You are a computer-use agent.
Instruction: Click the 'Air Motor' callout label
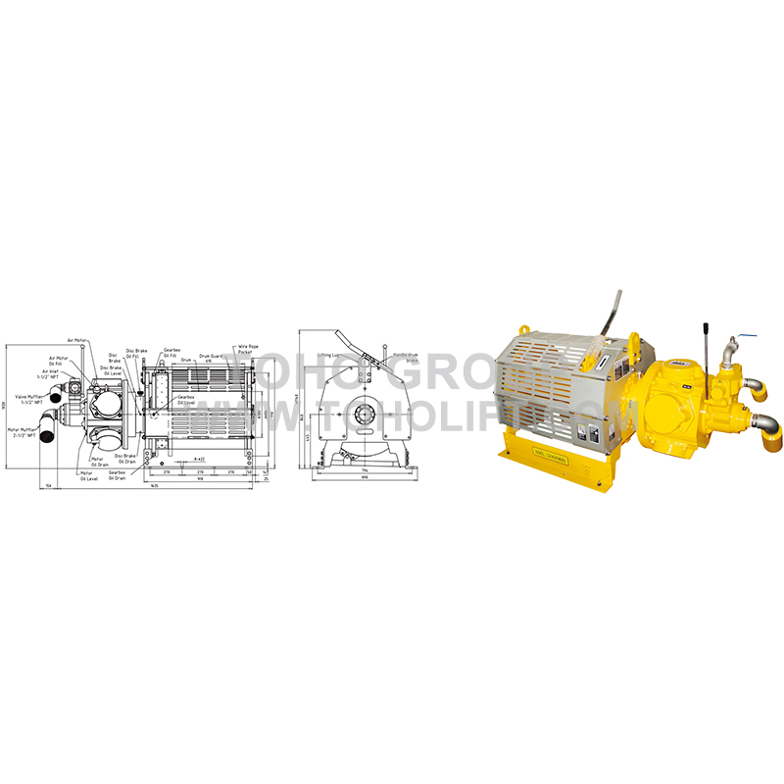(x=78, y=340)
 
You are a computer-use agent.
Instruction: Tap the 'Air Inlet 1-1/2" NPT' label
(x=50, y=375)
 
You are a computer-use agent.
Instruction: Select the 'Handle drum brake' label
(x=406, y=357)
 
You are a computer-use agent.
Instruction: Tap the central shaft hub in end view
(x=366, y=413)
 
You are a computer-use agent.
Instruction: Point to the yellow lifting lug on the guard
(x=634, y=345)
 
